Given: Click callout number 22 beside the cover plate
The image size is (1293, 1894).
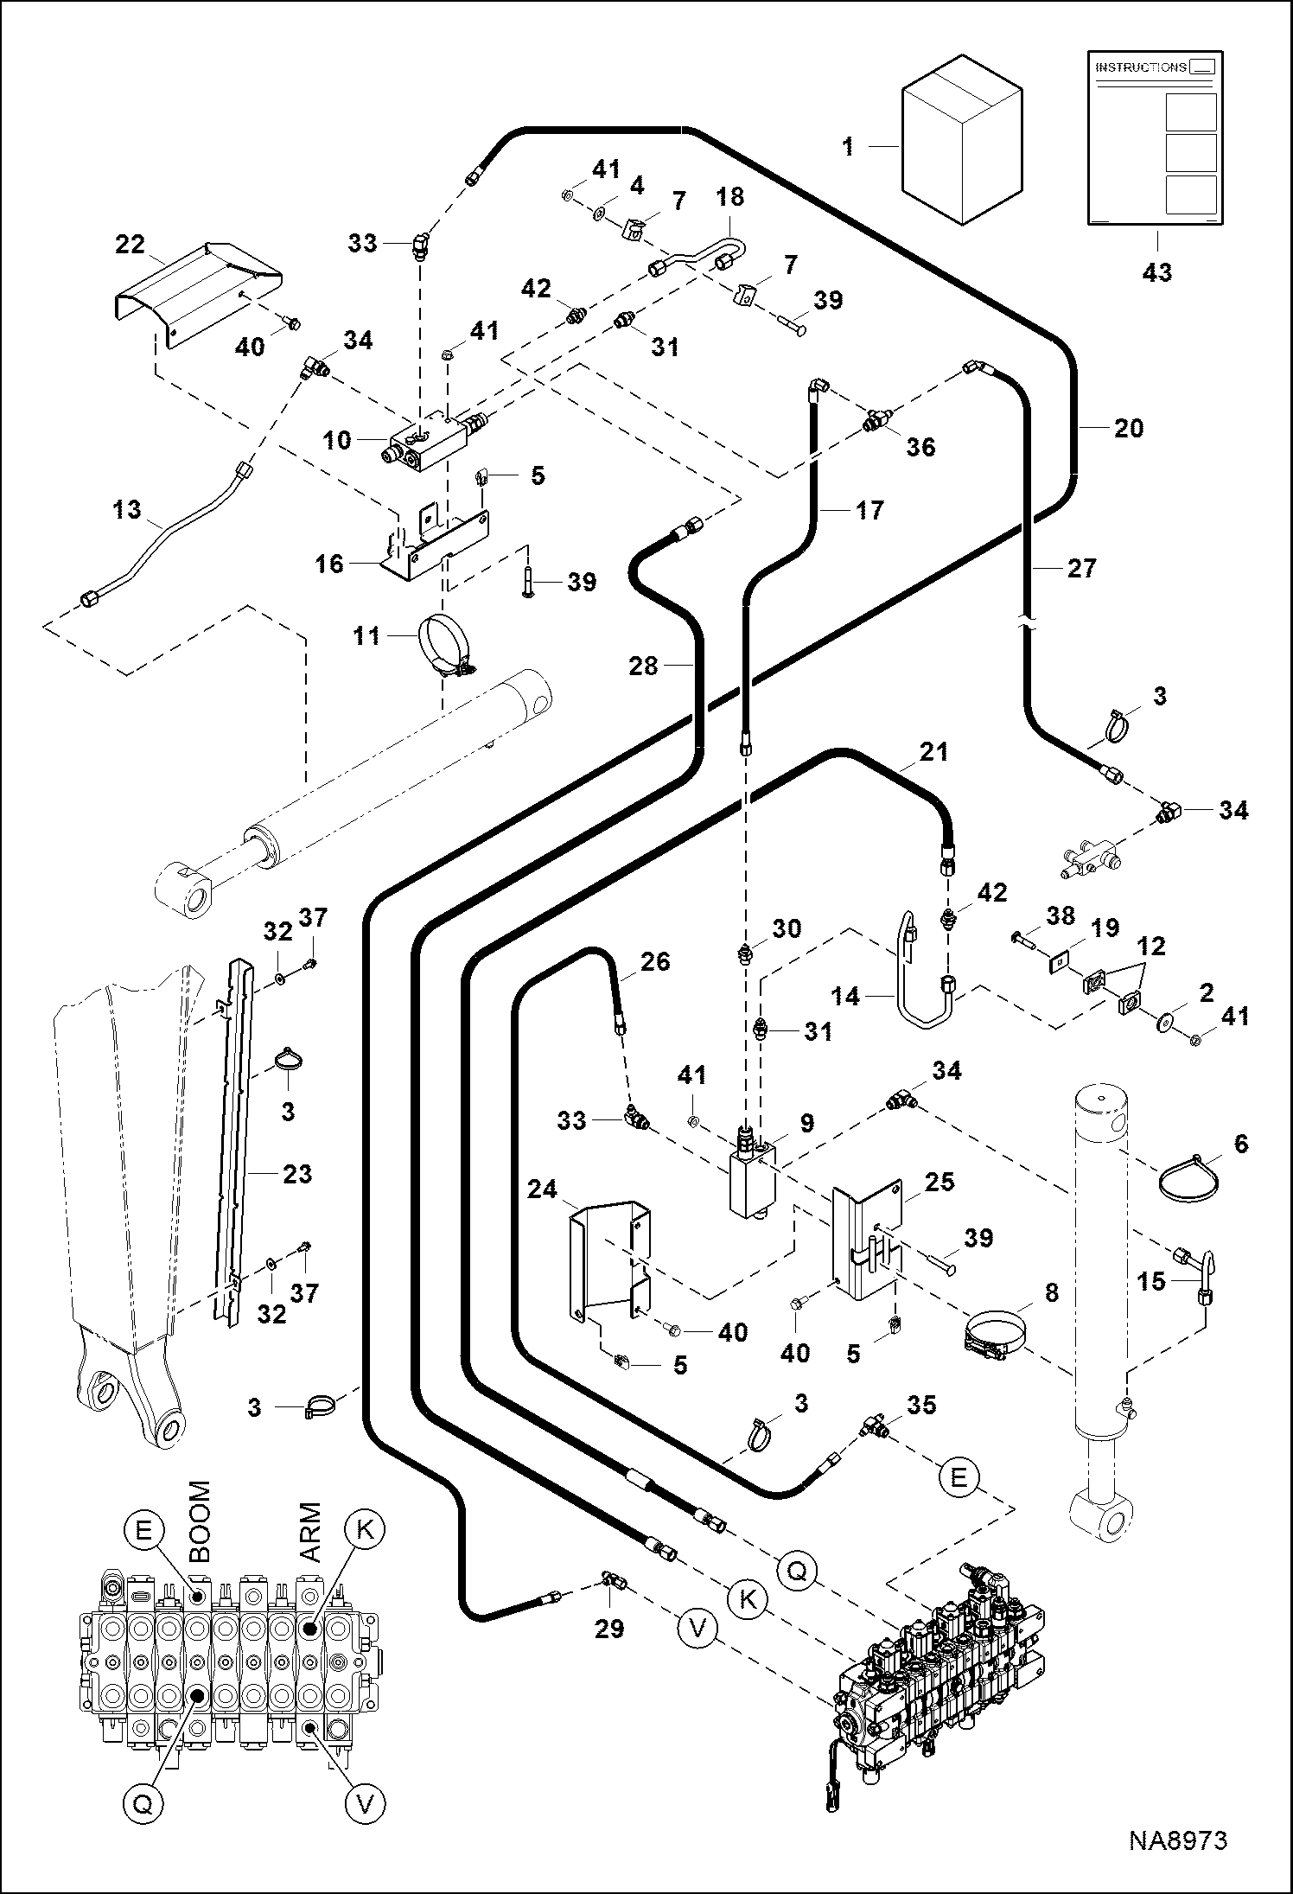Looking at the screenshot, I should pyautogui.click(x=130, y=245).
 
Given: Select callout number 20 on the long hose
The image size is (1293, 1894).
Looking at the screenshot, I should pyautogui.click(x=1128, y=428).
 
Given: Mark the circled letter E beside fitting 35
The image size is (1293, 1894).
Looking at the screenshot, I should pyautogui.click(x=958, y=1476).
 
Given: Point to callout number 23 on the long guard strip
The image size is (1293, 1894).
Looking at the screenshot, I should pyautogui.click(x=296, y=1174).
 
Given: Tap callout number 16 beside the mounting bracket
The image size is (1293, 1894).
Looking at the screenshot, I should pyautogui.click(x=330, y=564).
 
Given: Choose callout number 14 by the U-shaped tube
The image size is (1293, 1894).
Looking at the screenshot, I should pyautogui.click(x=845, y=997).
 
